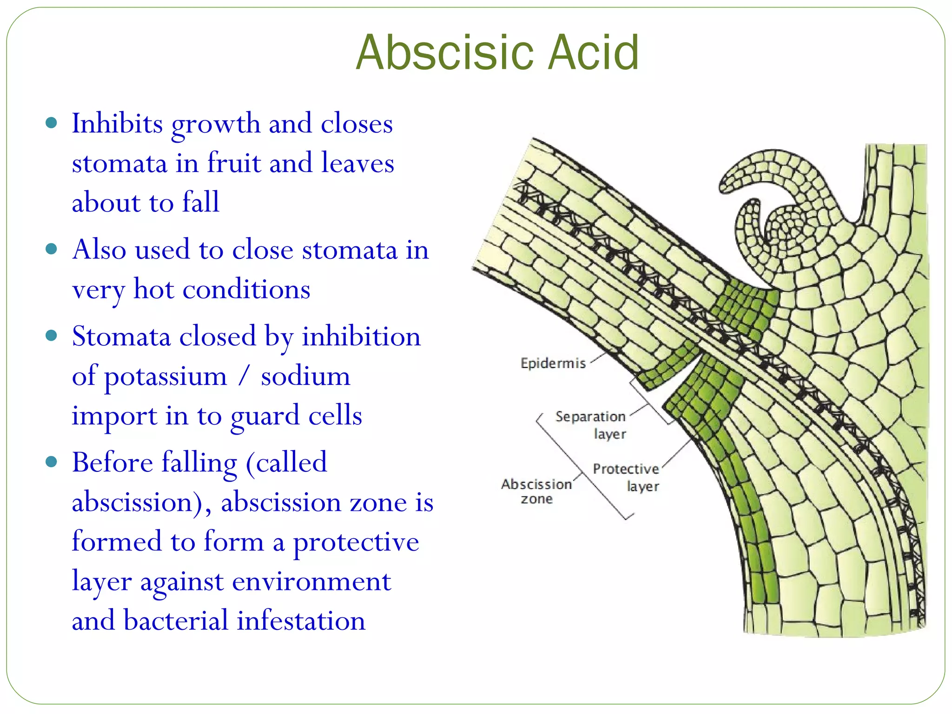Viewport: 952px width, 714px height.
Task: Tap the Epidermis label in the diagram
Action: click(553, 363)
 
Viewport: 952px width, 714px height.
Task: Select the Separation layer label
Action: click(591, 424)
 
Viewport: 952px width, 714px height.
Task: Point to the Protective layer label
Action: click(626, 477)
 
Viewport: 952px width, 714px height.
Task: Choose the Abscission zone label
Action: click(536, 491)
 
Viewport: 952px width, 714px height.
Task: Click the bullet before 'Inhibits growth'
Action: click(52, 123)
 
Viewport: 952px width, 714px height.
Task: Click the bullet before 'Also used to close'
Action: click(52, 249)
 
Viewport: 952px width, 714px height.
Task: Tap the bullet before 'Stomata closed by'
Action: click(52, 335)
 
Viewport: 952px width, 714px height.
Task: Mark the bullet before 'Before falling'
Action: click(52, 462)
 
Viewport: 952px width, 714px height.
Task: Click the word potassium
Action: click(165, 377)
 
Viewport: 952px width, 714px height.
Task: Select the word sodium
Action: click(305, 377)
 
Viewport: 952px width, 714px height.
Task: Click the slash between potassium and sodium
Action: click(244, 376)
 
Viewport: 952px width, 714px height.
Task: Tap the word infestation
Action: click(301, 621)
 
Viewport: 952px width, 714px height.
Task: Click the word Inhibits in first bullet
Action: click(117, 124)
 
